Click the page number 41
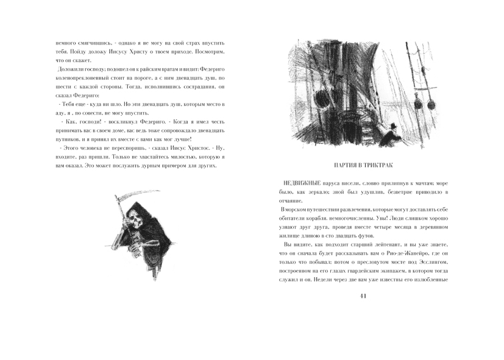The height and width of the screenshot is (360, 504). click(363, 297)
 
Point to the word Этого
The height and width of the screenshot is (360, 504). click(69, 148)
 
